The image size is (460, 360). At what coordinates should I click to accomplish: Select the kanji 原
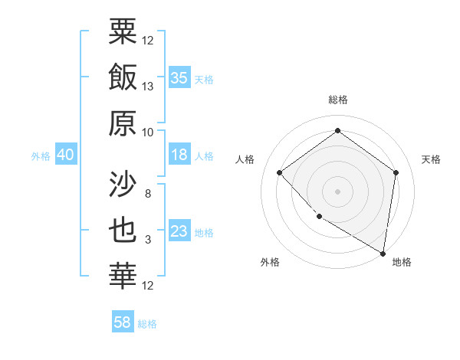(123, 123)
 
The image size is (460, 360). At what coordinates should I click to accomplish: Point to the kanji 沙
(123, 185)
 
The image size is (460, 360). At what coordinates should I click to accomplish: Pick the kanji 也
(123, 231)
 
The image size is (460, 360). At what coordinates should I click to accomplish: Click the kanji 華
(123, 277)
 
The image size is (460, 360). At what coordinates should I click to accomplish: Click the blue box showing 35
(179, 77)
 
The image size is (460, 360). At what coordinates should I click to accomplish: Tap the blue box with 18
(179, 155)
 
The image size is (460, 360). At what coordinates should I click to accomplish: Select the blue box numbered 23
(179, 231)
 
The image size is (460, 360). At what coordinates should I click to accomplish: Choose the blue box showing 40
(65, 155)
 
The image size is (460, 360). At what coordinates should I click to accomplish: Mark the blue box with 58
(123, 322)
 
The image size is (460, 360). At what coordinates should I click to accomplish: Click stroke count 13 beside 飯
(148, 87)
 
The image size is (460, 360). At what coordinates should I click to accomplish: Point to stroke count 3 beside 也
(148, 240)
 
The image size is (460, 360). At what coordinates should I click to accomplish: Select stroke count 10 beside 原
(148, 132)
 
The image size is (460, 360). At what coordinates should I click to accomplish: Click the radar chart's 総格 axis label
(337, 100)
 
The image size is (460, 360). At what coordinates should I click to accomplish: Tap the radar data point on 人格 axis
(280, 172)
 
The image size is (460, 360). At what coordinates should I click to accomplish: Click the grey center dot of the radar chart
(337, 191)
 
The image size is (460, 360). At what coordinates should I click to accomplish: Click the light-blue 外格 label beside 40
(41, 155)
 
